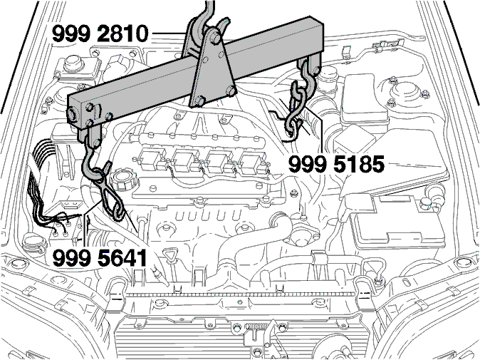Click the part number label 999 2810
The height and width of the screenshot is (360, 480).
click(100, 34)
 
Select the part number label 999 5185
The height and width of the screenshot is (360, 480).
click(336, 164)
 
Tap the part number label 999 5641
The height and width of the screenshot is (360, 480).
click(100, 258)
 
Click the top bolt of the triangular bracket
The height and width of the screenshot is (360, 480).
click(215, 37)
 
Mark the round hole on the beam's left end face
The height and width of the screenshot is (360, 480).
click(73, 114)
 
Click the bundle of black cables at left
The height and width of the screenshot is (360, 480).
click(46, 184)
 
